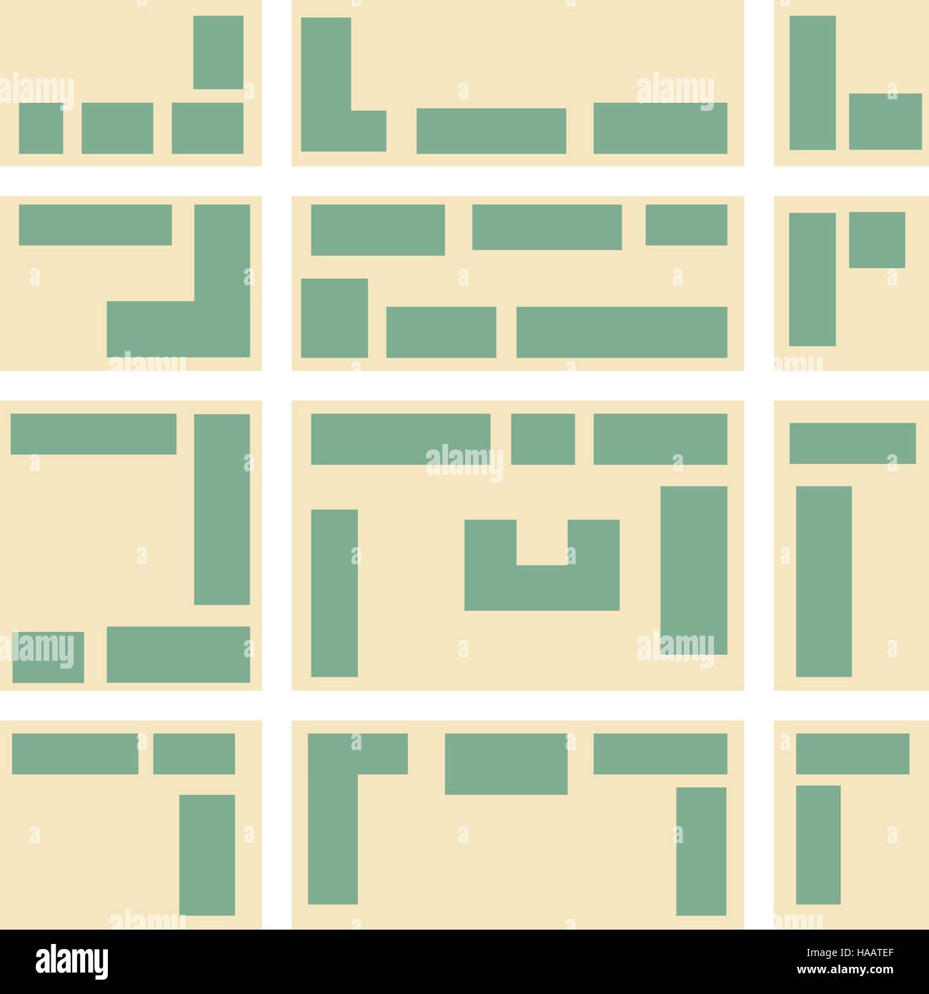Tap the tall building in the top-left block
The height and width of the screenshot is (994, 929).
[x=218, y=52]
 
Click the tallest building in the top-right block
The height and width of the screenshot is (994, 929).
[x=812, y=82]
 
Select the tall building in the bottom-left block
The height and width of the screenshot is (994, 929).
[x=207, y=855]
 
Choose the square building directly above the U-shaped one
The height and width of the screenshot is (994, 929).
[x=543, y=439]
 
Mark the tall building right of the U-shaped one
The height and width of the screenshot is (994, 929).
[x=693, y=570]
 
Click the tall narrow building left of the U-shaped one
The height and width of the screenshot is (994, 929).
[x=334, y=593]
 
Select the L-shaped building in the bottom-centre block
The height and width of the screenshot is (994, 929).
[x=333, y=808]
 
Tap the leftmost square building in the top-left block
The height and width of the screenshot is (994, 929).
[x=41, y=128]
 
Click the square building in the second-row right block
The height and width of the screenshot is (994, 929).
[x=877, y=240]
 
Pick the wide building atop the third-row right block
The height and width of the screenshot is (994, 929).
[x=852, y=443]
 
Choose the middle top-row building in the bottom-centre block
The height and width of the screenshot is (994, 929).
[x=506, y=764]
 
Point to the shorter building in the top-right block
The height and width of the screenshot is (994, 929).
[x=885, y=122]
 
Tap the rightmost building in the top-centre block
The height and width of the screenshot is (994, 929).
[x=660, y=128]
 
